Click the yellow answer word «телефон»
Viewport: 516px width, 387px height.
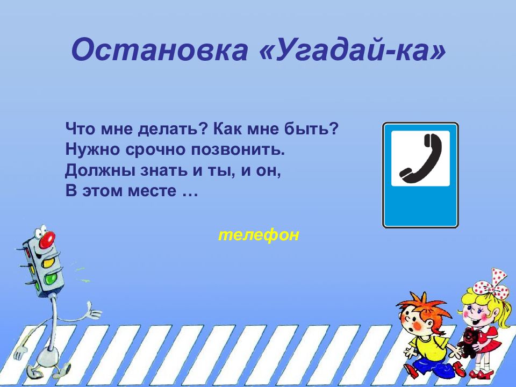258,235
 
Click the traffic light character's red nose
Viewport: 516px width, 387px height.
48,238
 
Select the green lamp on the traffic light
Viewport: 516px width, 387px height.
51,279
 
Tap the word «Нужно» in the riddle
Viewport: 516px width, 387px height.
89,149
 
